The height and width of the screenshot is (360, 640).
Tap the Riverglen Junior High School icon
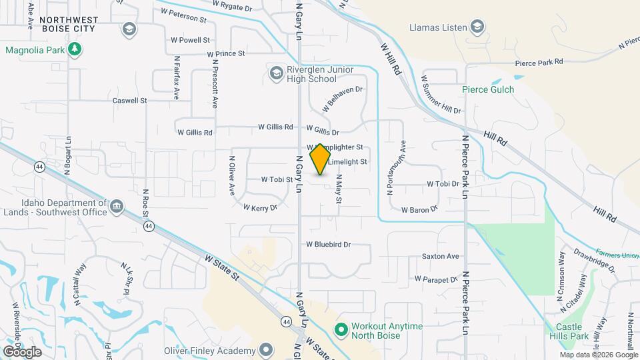[x=276, y=73]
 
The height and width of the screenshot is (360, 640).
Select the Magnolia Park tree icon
[x=75, y=49]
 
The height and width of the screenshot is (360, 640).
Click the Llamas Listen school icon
[x=477, y=27]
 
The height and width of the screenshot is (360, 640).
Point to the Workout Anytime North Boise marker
[x=341, y=330]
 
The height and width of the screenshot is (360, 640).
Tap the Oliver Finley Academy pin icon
[x=266, y=350]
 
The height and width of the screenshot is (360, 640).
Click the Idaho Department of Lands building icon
[x=117, y=206]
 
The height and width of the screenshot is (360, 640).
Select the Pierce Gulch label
[x=488, y=89]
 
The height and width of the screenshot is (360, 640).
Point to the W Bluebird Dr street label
[x=328, y=245]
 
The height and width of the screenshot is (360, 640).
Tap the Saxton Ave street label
[x=440, y=256]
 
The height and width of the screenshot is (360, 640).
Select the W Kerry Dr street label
[x=260, y=208]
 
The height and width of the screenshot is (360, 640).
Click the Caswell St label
[x=129, y=101]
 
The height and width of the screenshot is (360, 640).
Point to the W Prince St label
[x=226, y=53]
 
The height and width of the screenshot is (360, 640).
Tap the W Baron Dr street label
[x=419, y=209]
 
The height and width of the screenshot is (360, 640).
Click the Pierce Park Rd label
[x=539, y=62]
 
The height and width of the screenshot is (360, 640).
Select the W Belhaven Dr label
[x=343, y=99]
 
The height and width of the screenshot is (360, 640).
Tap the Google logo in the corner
[x=22, y=351]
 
